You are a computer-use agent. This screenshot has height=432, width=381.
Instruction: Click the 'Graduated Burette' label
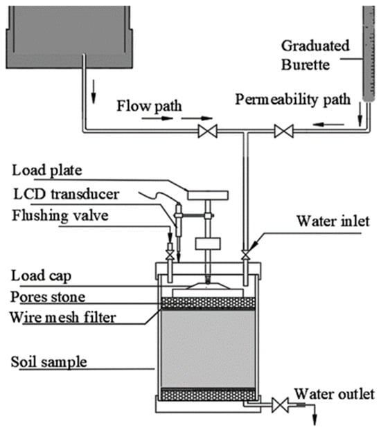(315, 55)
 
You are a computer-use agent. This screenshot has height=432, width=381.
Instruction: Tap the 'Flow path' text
(149, 106)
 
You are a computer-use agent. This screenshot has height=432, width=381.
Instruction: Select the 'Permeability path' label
(293, 100)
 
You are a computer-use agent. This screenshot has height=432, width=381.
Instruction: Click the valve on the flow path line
(208, 131)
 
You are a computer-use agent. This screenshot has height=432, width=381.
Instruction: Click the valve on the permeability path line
(284, 131)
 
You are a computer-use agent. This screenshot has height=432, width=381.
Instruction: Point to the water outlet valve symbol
(280, 405)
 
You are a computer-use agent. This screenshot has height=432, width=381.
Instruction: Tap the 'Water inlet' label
(333, 222)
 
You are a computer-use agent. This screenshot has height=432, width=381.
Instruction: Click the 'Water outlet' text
(335, 394)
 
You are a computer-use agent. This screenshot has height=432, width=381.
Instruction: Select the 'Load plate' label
(47, 170)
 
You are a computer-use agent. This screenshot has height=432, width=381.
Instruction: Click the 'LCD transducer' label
(67, 195)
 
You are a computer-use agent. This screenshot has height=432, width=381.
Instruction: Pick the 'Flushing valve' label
(60, 215)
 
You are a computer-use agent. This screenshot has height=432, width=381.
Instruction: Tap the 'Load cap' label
(42, 276)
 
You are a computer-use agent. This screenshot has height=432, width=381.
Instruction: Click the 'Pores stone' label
(48, 297)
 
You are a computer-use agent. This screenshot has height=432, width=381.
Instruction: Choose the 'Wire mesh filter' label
(63, 317)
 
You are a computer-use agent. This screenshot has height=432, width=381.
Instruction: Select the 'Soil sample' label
(49, 362)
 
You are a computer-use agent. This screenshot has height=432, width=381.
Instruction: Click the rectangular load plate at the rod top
(208, 195)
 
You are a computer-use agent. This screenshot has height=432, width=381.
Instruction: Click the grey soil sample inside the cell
(208, 349)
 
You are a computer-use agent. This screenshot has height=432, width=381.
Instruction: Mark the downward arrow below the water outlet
(314, 414)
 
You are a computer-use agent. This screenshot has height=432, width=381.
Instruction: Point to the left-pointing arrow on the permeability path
(328, 125)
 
